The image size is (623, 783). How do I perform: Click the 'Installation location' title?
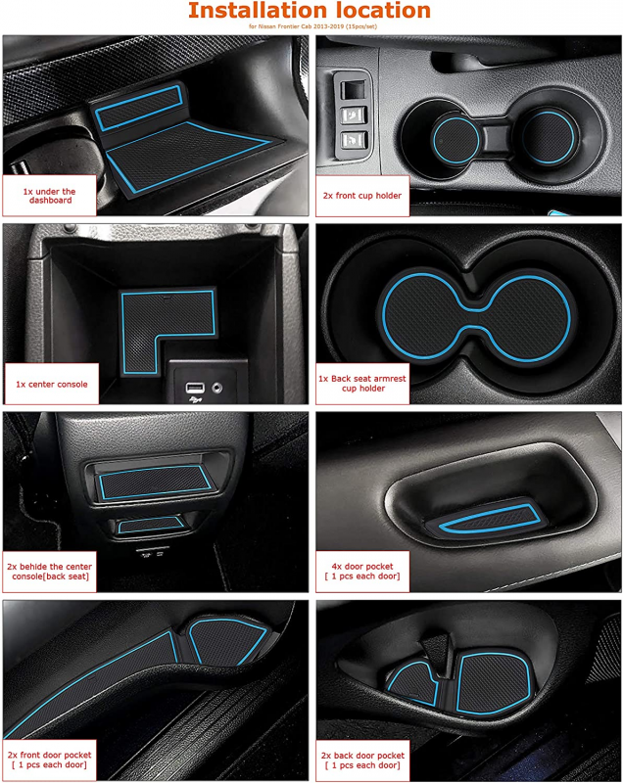click(x=310, y=11)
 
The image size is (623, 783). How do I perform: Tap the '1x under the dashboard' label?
click(x=49, y=196)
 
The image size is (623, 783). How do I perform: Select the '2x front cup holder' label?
click(x=362, y=196)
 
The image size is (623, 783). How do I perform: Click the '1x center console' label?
click(x=52, y=384)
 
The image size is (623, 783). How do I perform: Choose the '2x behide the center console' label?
click(x=49, y=572)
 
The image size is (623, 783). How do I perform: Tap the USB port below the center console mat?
click(x=195, y=388)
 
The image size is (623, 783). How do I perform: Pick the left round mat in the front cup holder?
click(x=455, y=140)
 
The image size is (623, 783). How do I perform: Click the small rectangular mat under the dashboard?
click(x=139, y=108)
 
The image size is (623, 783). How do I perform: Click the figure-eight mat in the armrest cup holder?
click(x=476, y=315)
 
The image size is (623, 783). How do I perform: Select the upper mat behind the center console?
click(x=155, y=482)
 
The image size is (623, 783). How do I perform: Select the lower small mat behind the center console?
click(x=151, y=525)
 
